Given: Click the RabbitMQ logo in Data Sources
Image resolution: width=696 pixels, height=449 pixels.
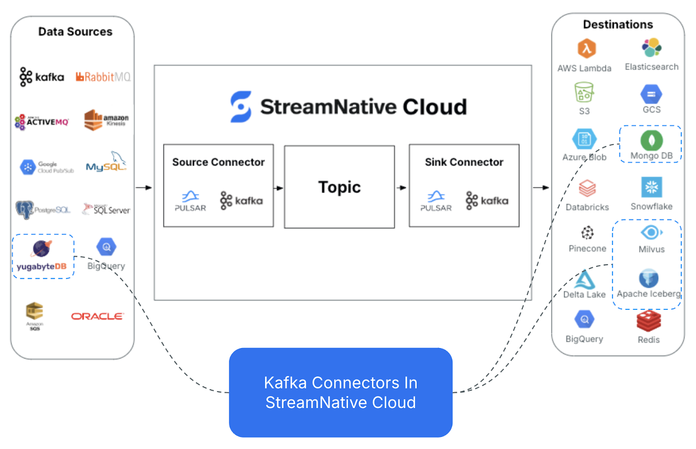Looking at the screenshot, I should click(103, 77).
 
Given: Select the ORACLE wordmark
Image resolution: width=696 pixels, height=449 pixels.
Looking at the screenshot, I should click(97, 316).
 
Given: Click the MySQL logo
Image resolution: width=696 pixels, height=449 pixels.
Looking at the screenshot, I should click(106, 163).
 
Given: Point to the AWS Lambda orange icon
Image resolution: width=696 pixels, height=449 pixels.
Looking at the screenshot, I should click(586, 48).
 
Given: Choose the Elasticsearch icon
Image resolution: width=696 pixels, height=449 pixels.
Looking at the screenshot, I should click(651, 47).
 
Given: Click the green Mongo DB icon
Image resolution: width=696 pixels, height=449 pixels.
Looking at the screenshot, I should click(651, 140).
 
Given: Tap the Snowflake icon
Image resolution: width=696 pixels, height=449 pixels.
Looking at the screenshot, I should click(651, 188).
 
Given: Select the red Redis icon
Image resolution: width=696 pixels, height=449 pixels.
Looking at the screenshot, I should click(649, 322).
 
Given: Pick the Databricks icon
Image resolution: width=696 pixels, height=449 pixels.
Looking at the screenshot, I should click(587, 189).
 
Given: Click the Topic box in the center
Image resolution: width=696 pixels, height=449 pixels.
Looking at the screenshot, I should click(339, 187).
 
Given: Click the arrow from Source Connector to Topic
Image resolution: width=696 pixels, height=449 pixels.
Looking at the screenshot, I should click(278, 188).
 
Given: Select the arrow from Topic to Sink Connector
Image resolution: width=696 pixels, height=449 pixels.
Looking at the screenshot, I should click(402, 188).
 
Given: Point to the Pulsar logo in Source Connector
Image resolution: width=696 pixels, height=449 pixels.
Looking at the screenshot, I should click(191, 201).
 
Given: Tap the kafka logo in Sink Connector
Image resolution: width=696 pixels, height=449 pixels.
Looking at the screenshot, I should click(487, 201).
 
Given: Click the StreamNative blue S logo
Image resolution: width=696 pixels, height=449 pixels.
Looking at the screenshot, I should click(241, 107).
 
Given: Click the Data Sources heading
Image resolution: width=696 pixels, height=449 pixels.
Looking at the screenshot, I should click(75, 32).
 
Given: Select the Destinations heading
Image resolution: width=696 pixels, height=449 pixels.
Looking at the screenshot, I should click(618, 24).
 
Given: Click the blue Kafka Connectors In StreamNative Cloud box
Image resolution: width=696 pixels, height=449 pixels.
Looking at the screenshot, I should click(341, 392).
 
